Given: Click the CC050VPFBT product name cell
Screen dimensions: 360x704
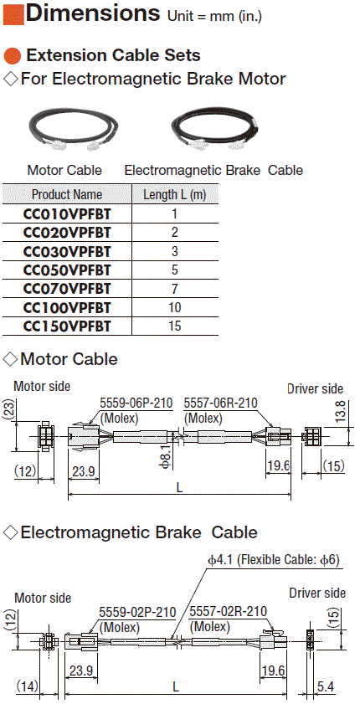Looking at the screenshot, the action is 67,270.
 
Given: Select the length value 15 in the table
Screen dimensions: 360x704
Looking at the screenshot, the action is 175,326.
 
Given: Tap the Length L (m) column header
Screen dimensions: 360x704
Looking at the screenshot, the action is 175,195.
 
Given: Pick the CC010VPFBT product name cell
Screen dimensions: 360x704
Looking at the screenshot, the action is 67,214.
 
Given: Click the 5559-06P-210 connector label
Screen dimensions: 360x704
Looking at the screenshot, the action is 136,403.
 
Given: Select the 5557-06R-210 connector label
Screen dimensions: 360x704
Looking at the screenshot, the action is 221,403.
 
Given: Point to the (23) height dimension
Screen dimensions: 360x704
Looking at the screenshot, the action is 8,409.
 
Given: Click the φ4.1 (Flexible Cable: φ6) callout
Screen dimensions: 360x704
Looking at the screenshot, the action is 273,560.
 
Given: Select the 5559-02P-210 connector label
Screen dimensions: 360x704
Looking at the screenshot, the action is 137,612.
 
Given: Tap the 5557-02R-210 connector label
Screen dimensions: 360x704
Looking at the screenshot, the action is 228,612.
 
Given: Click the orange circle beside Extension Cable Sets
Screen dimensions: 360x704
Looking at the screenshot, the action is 13,56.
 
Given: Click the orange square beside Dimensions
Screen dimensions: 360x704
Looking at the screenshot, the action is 13,13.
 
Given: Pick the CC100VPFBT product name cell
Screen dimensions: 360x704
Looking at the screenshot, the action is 67,307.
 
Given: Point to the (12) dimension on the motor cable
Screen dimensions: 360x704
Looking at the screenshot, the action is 25,471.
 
